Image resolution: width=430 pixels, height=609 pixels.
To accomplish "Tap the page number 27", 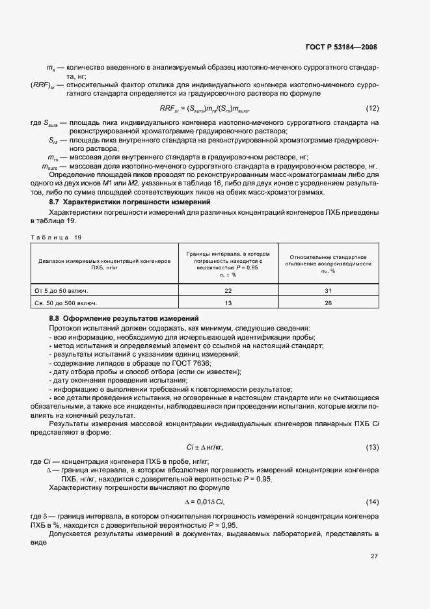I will [374, 556].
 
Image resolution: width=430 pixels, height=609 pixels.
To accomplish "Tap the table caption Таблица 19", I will [57, 237].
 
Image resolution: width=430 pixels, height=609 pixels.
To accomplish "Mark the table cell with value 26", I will [329, 303].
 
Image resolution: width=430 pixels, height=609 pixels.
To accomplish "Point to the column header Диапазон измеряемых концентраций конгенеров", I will [104, 263].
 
